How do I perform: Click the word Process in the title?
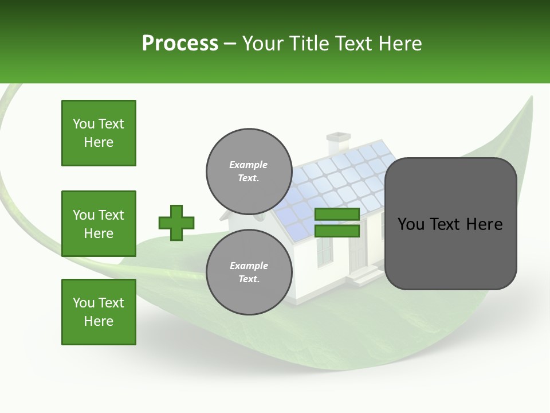pos(180,44)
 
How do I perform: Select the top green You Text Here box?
pos(99,133)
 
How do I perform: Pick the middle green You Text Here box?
pos(99,224)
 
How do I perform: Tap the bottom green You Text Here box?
pos(99,312)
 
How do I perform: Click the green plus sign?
pos(176,223)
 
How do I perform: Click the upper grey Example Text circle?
pos(249,172)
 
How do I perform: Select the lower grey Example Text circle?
pos(249,272)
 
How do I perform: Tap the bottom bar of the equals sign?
pos(337,231)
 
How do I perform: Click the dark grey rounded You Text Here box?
pos(450,224)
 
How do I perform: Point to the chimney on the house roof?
pos(338,143)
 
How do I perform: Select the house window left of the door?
pos(324,250)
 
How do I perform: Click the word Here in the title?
pos(400,44)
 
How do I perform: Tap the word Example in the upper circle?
pos(249,165)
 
